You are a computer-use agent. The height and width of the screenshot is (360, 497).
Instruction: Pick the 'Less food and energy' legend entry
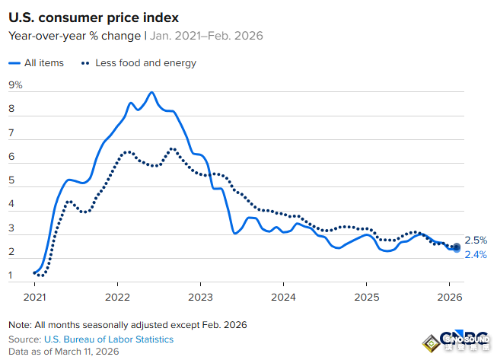pos(138,62)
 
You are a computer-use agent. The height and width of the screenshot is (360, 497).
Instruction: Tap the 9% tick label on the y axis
pos(15,85)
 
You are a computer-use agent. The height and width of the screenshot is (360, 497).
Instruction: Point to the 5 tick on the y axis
pos(12,180)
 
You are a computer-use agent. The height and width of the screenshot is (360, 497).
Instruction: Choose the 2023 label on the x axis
pos(200,296)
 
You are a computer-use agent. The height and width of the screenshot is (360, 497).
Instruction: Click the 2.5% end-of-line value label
pos(476,240)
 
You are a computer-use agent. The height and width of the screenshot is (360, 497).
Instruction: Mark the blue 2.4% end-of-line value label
pos(476,254)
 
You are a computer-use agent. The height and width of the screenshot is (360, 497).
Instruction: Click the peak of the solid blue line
pos(152,92)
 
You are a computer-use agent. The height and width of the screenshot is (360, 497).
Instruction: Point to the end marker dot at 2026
pos(456,247)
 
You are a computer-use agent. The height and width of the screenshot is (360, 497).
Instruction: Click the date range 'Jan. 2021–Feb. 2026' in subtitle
pos(200,35)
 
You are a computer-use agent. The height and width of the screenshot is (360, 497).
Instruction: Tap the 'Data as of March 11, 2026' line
pos(64,351)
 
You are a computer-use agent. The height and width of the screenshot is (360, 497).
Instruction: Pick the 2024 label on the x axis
pos(283,296)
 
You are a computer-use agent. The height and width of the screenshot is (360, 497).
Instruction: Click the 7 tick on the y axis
pos(12,133)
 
